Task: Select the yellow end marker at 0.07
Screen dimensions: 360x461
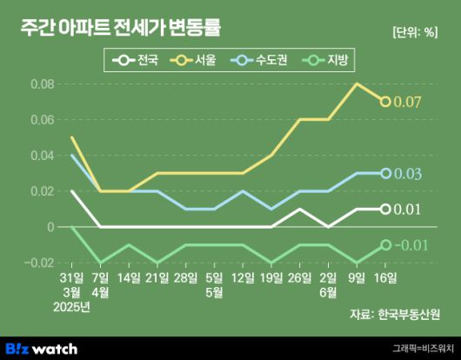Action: coord(385,102)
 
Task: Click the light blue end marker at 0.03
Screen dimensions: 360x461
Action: coord(385,173)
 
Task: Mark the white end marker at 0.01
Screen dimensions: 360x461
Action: coord(385,209)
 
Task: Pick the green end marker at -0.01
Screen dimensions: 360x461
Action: coord(385,245)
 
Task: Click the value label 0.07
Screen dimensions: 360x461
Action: coord(408,103)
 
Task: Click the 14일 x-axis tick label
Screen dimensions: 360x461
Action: coord(128,277)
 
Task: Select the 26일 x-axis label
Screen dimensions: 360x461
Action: coord(300,277)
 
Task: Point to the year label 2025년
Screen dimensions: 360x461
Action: coord(71,305)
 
